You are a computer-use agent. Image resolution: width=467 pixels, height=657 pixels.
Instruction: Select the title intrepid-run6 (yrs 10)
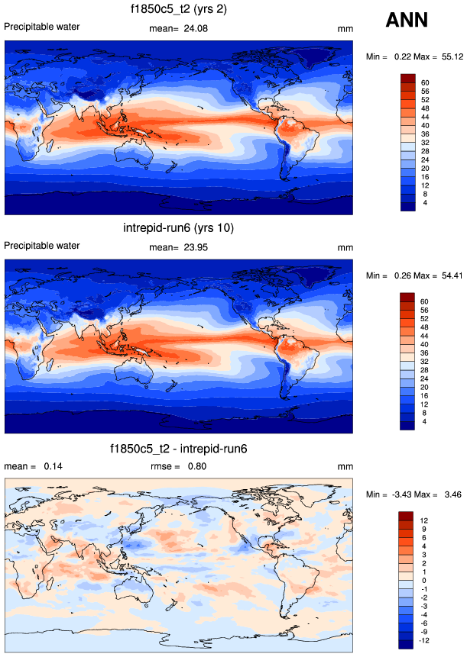178,228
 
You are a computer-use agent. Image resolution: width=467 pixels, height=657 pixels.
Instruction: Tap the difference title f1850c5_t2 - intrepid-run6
179,449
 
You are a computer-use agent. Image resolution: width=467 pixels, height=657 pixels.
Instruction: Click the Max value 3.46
450,494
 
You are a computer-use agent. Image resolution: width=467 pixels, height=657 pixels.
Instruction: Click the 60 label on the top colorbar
424,82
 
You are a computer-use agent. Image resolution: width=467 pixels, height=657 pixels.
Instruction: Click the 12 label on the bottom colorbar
424,521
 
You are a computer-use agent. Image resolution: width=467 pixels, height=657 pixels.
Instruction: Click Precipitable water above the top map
42,27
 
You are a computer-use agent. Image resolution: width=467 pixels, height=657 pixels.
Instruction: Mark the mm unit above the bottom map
343,466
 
